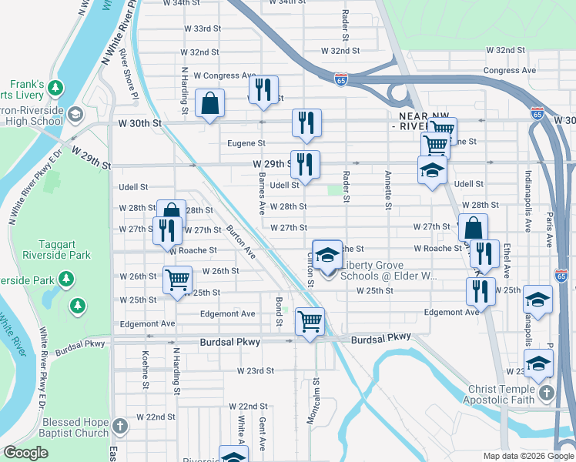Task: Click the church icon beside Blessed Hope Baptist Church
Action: pos(119,426)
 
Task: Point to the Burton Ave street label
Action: pos(240,241)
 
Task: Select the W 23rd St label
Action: pos(256,370)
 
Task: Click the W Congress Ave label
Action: pos(224,75)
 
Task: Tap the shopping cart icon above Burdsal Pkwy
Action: pos(310,321)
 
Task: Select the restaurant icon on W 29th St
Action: pos(305,164)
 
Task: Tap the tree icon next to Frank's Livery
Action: pos(55,88)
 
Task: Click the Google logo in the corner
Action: pos(25,453)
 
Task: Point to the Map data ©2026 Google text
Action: pos(527,455)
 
